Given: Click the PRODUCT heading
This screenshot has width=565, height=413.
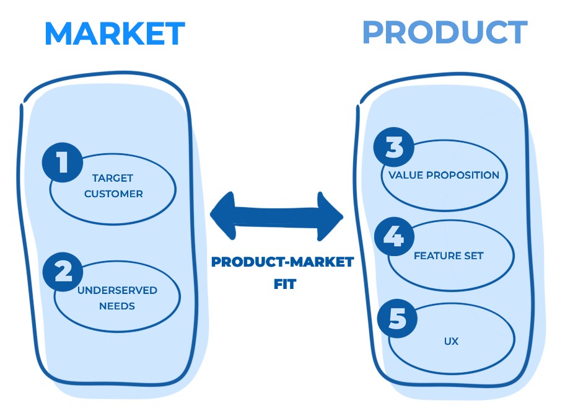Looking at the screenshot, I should [x=444, y=32].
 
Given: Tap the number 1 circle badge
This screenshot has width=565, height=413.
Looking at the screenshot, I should [x=62, y=163].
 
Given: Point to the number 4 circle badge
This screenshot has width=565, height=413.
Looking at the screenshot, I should [x=394, y=237].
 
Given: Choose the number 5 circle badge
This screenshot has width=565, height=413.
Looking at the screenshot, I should [x=397, y=319].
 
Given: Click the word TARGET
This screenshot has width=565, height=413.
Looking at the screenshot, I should [x=113, y=178].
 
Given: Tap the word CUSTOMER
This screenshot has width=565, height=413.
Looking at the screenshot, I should [x=113, y=193].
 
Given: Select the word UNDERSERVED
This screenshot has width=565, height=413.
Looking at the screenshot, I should [x=116, y=290].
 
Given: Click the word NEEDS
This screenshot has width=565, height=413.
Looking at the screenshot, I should [x=116, y=306].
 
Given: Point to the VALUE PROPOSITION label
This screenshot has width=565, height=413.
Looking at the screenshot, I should [x=444, y=175].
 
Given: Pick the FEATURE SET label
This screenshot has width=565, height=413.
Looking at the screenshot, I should [x=449, y=255].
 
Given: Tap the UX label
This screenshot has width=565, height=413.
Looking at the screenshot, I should [x=451, y=341].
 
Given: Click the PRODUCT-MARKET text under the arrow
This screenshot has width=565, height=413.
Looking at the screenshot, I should [x=282, y=262].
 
